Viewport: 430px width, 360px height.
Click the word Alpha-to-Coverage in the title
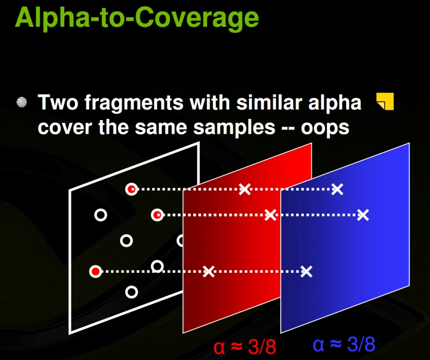point(137,18)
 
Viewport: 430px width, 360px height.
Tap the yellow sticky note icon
point(385,101)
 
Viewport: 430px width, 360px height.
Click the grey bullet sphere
point(22,102)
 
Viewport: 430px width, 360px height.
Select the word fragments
point(134,103)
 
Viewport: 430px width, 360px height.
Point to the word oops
point(325,128)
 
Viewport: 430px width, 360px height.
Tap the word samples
point(234,128)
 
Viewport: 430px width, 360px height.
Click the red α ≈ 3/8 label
point(245,347)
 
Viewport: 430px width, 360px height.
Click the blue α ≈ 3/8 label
point(344,345)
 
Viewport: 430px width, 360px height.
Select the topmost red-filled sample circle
point(132,189)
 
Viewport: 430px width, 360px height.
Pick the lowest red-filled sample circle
point(96,271)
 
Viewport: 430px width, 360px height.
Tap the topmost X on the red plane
point(245,189)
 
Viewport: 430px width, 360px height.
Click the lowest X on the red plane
point(208,271)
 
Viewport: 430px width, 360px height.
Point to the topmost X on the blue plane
point(337,189)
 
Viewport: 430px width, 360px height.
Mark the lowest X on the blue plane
point(306,271)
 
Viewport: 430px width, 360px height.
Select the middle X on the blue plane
point(363,215)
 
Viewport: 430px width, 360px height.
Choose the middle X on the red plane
point(271,215)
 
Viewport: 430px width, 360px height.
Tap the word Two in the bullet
point(58,103)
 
